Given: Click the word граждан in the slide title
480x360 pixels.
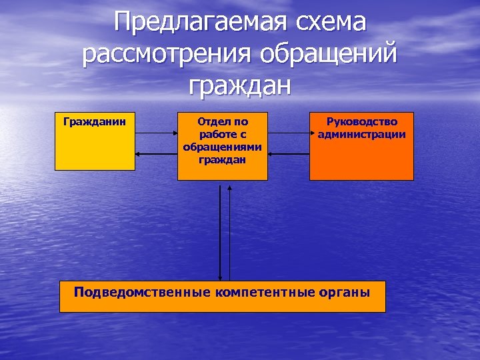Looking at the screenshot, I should (x=240, y=85).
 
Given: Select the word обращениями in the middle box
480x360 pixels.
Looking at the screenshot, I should (x=223, y=148).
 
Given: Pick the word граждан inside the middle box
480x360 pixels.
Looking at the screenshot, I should (x=223, y=160).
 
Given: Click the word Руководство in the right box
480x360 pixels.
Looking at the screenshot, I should (x=362, y=122).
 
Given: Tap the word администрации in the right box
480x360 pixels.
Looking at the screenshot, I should (x=362, y=134).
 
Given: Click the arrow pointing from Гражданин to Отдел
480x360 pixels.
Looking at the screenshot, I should (x=155, y=133).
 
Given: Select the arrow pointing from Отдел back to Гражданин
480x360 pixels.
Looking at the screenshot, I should (x=155, y=154).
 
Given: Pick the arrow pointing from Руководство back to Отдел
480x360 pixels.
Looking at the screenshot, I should (x=288, y=154).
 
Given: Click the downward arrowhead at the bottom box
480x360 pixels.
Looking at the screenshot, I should (x=220, y=276).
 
